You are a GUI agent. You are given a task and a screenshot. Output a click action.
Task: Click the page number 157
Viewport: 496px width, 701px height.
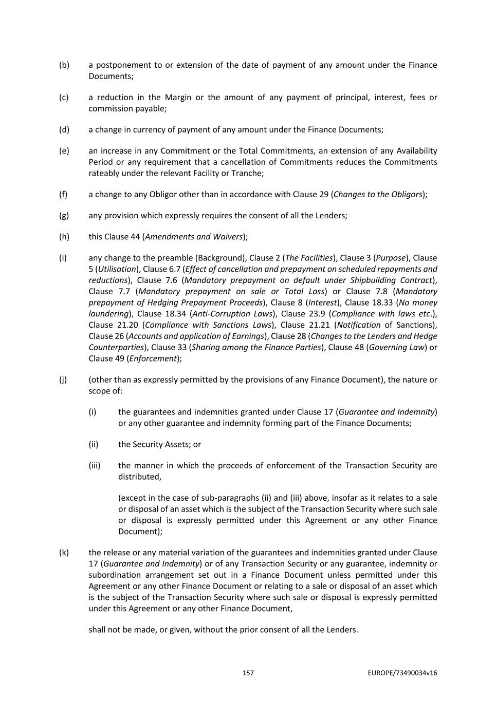click(248, 673)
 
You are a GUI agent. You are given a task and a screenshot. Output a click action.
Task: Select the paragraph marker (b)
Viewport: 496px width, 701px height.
click(64, 65)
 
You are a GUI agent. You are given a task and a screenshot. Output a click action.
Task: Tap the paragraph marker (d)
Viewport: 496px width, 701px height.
click(64, 130)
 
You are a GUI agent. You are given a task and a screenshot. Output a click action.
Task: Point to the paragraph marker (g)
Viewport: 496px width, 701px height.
click(64, 216)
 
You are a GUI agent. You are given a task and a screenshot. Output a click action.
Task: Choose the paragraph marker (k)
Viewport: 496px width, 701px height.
click(64, 553)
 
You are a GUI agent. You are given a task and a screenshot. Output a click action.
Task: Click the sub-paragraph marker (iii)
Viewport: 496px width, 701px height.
click(95, 466)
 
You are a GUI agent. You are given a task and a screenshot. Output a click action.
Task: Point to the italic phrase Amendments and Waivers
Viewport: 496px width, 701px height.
click(194, 237)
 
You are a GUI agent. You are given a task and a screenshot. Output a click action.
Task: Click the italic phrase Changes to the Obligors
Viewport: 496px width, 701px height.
click(378, 195)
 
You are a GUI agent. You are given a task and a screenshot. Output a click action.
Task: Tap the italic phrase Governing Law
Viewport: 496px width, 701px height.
click(397, 348)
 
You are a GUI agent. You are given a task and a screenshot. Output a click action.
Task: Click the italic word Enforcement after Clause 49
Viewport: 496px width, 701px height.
click(153, 358)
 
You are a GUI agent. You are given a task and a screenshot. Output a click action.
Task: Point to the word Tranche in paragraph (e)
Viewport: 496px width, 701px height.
click(247, 174)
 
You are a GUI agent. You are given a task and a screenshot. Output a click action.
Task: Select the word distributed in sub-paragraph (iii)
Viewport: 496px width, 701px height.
click(139, 477)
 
